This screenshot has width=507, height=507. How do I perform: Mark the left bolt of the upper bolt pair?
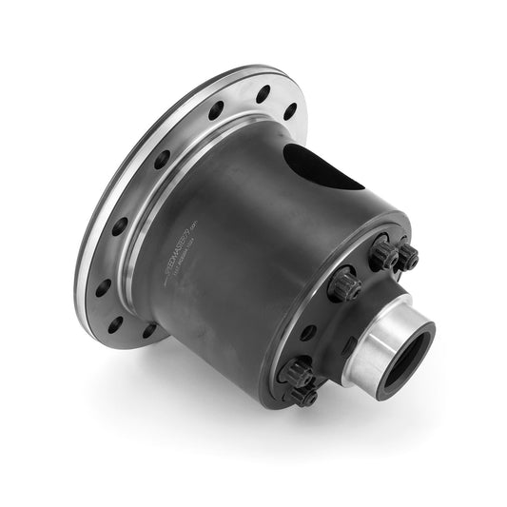[384, 253]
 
